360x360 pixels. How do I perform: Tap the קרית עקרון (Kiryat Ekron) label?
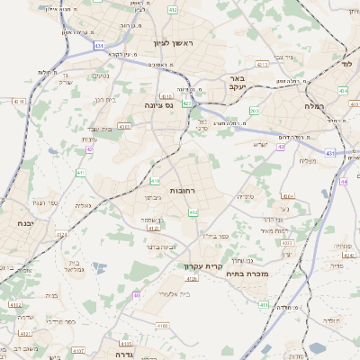click(x=202, y=265)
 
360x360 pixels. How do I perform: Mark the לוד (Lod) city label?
click(x=346, y=66)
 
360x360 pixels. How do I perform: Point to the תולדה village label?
click(x=332, y=320)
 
